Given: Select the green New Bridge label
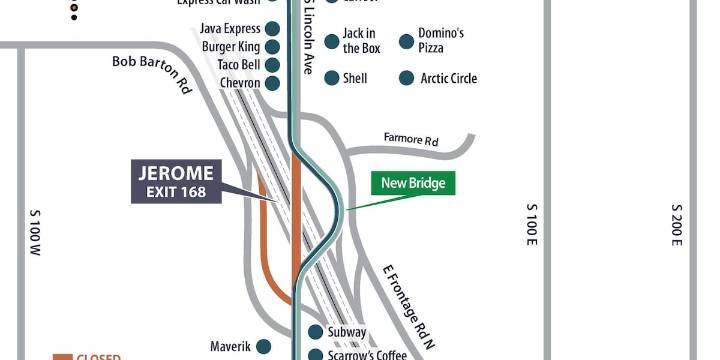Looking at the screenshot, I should (413, 184).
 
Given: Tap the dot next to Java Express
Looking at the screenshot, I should (271, 29).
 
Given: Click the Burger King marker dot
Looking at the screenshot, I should (271, 47).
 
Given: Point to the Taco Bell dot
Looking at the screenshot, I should (271, 65).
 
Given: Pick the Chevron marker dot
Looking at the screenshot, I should (271, 83).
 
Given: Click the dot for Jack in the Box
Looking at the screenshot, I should (331, 41).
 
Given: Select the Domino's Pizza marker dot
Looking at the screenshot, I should (406, 41).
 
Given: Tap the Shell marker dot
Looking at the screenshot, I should (331, 78).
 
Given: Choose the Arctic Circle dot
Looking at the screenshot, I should (406, 78).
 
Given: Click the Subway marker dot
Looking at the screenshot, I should (315, 332).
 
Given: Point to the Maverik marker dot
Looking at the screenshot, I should (263, 347).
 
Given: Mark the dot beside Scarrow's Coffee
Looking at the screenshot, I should (315, 355).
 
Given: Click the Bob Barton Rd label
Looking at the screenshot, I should (151, 73).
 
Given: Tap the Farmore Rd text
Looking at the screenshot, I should (411, 141).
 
